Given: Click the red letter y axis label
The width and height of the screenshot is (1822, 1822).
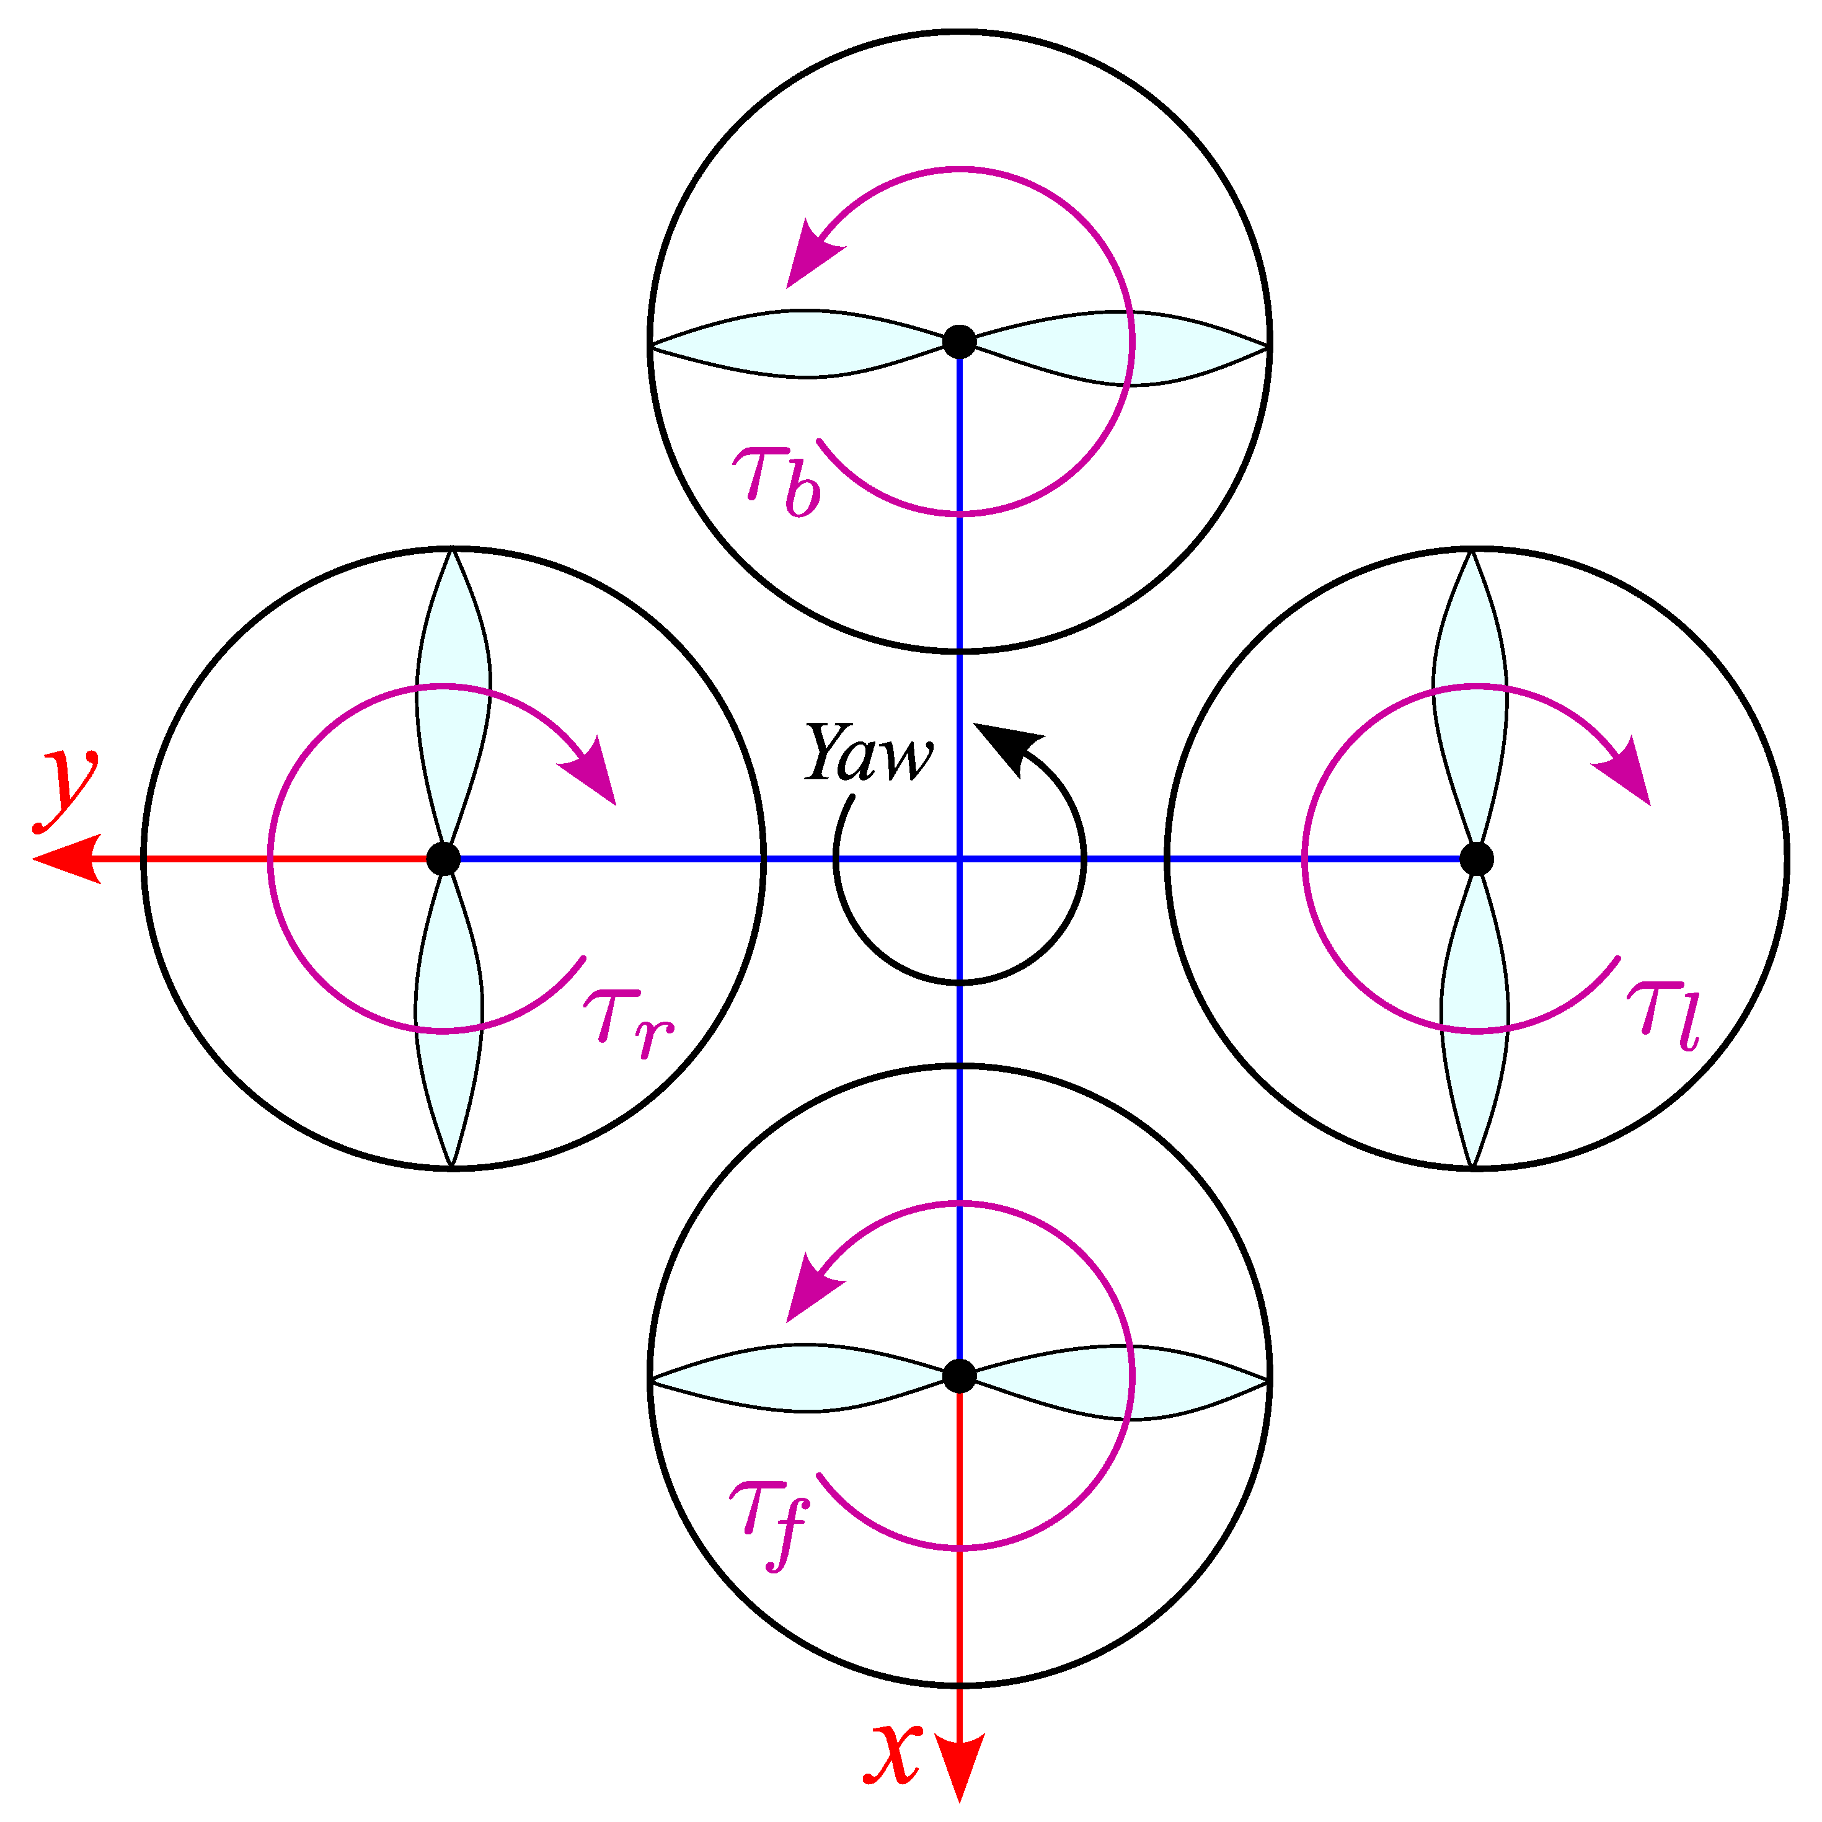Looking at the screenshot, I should pos(66,790).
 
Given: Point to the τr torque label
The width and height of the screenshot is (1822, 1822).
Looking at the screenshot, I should pos(628,1024).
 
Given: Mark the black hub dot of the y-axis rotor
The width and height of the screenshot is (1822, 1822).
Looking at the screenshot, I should pos(443,859).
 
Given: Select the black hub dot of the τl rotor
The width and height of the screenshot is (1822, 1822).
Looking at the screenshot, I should pos(1476,859).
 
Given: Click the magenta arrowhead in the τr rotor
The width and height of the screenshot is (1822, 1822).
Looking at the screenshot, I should pos(592,771).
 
